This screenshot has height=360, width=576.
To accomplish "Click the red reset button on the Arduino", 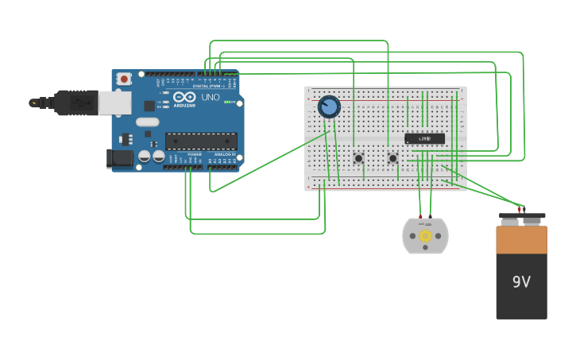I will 124,78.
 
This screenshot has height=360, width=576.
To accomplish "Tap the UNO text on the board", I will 211,97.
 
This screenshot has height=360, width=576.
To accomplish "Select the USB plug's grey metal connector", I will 114,103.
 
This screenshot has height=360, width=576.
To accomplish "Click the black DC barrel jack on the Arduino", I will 120,158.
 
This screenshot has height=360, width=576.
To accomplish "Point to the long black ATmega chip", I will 201,141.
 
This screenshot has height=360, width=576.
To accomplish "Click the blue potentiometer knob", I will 329,106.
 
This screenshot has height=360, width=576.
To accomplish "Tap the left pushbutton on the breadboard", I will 358,158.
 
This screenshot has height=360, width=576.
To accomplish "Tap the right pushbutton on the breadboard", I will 392,158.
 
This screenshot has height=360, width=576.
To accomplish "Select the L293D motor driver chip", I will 425,138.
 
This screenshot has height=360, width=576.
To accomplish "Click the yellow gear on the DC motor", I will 425,235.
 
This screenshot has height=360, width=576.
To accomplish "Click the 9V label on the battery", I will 521,282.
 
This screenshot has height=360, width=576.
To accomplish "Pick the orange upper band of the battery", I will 521,240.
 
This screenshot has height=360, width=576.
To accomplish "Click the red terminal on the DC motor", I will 420,216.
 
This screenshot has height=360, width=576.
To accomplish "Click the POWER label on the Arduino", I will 195,154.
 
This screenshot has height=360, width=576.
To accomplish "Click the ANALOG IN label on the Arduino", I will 224,154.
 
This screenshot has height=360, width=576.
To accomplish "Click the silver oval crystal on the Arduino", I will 147,122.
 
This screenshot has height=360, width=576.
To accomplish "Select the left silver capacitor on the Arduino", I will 145,156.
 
